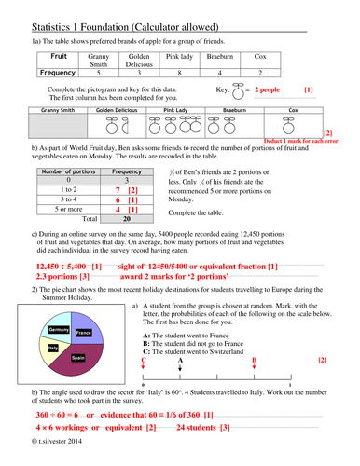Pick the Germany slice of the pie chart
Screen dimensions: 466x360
pos(58,330)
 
